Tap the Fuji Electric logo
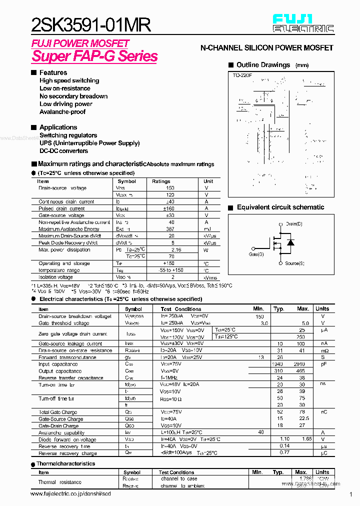pos(303,23)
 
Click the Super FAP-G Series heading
pos(94,56)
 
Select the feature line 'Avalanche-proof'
pos(62,112)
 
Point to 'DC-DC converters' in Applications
pos(63,151)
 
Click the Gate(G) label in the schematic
pos(256,254)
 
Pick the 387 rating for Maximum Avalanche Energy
pos(171,229)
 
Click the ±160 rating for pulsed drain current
pos(171,208)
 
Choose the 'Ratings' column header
pos(161,181)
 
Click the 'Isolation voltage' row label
pos(55,277)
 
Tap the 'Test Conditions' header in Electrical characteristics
pos(181,309)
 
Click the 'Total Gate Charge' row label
pos(57,412)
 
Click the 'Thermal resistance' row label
pos(59,482)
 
